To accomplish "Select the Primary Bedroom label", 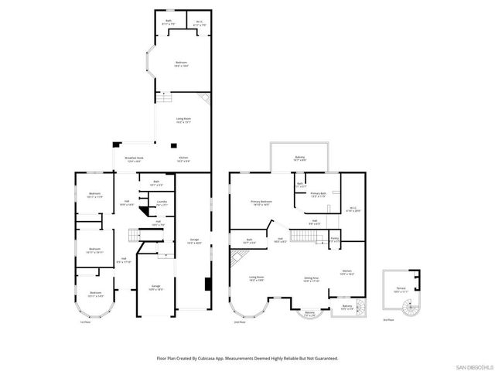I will [x=259, y=203].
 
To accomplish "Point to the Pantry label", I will [x=334, y=240].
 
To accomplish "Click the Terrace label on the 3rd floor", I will [x=401, y=288].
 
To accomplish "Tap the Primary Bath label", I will [x=318, y=195].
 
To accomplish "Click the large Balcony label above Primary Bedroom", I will [x=299, y=159].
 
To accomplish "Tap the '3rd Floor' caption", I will [x=389, y=319].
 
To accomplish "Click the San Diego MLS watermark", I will [x=473, y=366].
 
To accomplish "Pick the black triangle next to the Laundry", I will [x=143, y=209].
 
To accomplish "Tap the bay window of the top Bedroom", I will [x=151, y=65].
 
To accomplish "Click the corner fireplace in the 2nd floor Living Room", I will [x=234, y=256].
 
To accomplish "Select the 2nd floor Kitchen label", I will [x=347, y=272].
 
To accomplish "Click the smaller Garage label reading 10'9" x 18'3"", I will [x=155, y=287].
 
